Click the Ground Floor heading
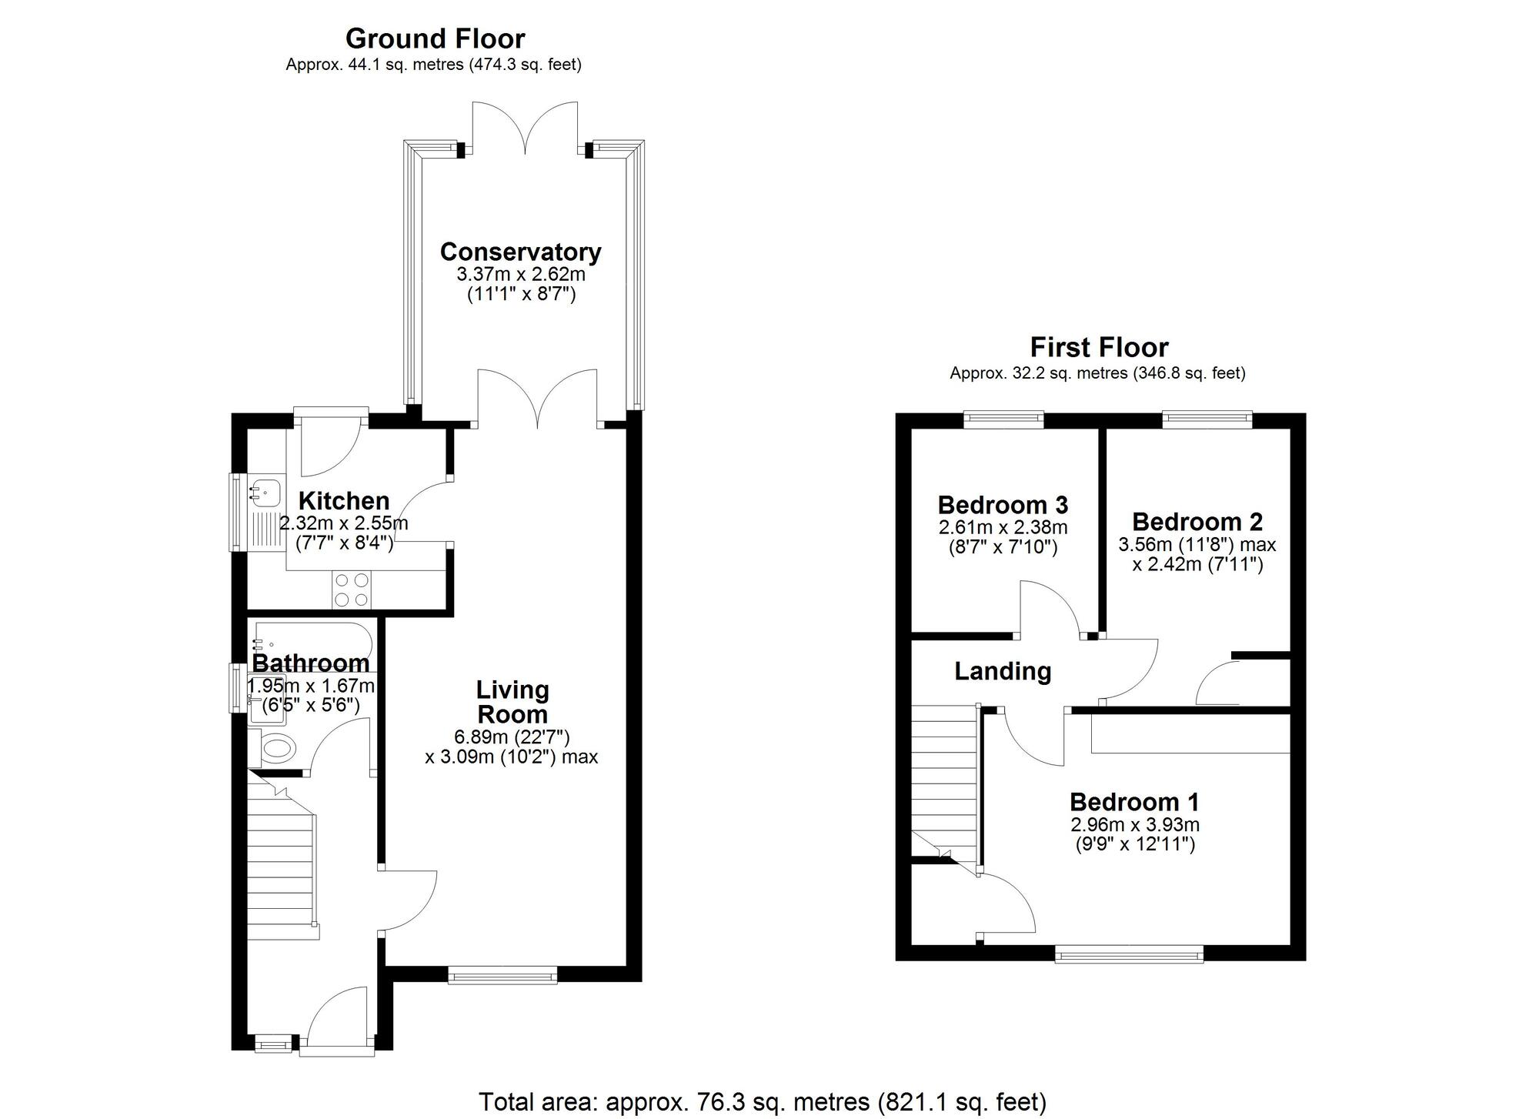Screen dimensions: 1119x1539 435,38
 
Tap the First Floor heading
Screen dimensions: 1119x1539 1099,348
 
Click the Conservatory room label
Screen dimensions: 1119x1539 520,252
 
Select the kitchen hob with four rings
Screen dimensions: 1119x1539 351,590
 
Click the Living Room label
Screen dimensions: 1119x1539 512,701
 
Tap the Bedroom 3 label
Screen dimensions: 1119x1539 1003,506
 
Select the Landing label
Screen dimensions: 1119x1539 1003,671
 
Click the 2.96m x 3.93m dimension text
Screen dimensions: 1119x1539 1135,825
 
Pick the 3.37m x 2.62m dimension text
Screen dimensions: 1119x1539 521,274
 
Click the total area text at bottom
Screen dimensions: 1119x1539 762,1102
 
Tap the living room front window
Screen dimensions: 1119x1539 503,977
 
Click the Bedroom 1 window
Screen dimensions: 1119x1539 1129,956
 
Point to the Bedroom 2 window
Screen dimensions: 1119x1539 1207,419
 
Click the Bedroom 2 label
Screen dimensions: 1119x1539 1197,522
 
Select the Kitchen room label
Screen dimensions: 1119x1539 344,501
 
